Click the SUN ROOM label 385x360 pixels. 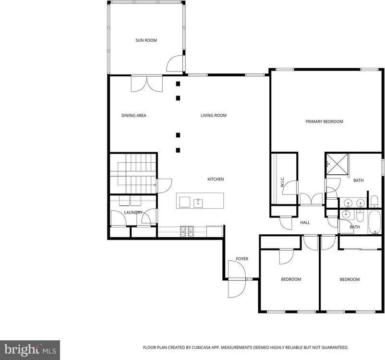click(x=146, y=40)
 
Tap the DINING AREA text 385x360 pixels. click(x=133, y=115)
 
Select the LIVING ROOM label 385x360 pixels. click(x=213, y=115)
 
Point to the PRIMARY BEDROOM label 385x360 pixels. click(x=324, y=121)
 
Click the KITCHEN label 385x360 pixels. click(x=216, y=179)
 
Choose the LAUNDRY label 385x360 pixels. click(x=132, y=212)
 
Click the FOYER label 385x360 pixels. click(x=242, y=259)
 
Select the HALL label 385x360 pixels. click(x=305, y=223)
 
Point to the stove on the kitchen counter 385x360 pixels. click(x=186, y=231)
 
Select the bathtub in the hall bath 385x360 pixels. click(x=374, y=222)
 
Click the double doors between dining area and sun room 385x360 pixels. click(x=147, y=84)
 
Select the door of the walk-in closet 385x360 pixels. click(x=290, y=188)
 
